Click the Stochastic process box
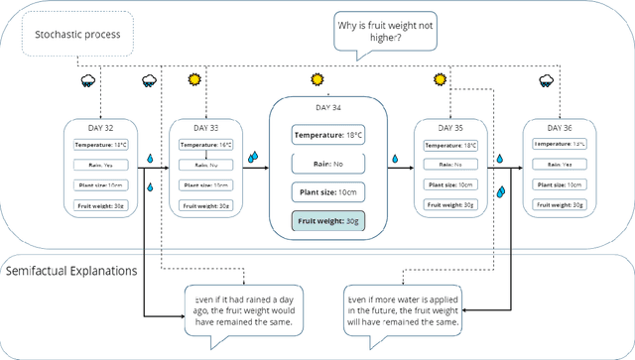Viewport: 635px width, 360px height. click(x=77, y=36)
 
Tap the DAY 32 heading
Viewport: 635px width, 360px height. click(x=101, y=128)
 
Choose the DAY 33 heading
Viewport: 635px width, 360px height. click(x=205, y=128)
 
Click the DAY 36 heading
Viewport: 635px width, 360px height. click(x=560, y=128)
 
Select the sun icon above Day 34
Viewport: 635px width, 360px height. click(x=317, y=79)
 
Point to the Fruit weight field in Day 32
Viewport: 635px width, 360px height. click(x=101, y=205)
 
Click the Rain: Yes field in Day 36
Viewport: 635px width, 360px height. click(x=560, y=165)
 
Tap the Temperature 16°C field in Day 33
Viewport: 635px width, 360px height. click(x=205, y=145)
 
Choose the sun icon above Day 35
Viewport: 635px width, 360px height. click(x=440, y=79)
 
